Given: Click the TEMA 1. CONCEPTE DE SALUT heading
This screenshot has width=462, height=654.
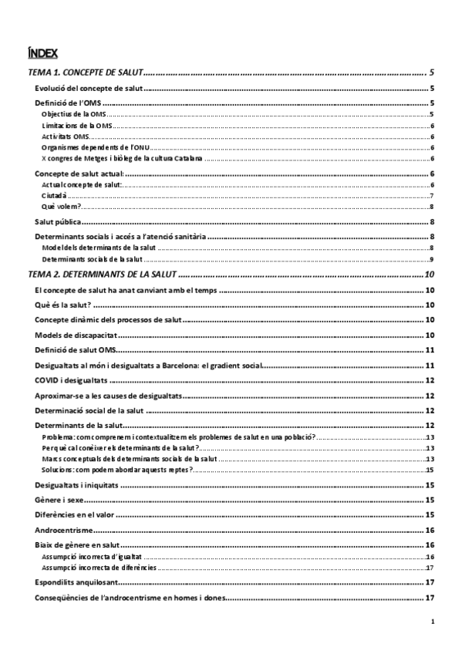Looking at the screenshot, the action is pos(85,72).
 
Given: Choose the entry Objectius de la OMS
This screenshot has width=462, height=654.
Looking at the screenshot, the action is pos(74,114).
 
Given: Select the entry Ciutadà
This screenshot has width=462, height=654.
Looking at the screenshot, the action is pos(54,196).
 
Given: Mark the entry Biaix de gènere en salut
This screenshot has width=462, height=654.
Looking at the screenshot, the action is pos(76,544).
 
